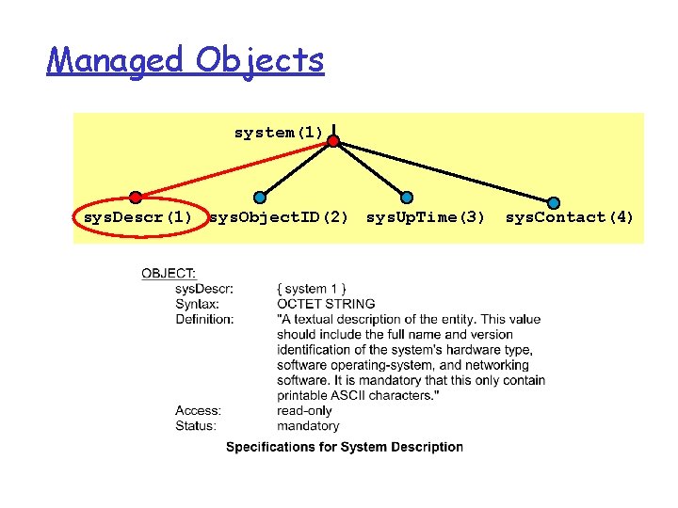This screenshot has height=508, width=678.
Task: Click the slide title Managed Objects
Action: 186,61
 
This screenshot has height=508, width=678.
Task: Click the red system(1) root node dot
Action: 333,141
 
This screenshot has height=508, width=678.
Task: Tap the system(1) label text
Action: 279,133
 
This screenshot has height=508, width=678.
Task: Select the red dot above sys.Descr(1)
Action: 136,198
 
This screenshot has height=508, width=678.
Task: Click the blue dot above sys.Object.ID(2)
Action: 261,197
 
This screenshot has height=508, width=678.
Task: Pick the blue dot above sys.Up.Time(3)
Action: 407,198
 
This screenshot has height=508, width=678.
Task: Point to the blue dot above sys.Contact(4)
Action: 554,202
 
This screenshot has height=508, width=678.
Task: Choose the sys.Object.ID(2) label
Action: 279,217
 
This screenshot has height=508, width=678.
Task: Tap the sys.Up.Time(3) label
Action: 426,217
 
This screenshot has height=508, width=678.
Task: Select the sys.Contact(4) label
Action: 570,217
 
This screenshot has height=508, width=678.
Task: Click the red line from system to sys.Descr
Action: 235,169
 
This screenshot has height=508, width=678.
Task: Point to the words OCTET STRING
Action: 326,304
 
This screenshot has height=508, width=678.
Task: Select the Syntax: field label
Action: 197,304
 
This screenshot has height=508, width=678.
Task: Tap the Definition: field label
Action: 204,319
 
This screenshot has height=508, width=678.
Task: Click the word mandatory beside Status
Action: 308,425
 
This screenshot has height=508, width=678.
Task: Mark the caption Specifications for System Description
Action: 345,447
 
